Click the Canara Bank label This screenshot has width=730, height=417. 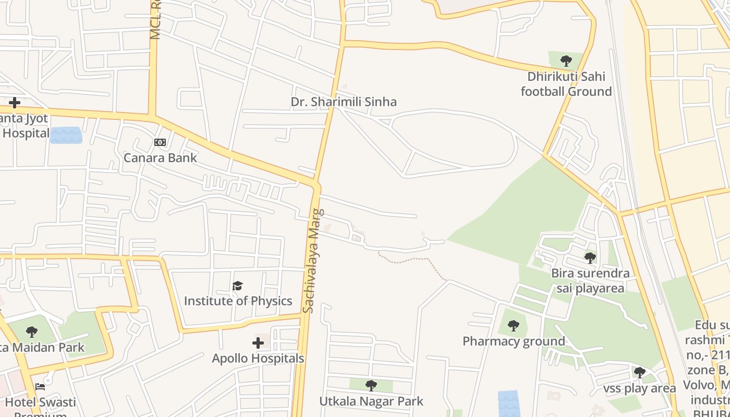pos(160,157)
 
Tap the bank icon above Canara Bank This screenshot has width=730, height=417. pos(160,142)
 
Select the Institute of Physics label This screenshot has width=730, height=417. pos(238,301)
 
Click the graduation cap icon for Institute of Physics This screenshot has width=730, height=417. pos(238,286)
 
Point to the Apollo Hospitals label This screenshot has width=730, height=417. pos(258,359)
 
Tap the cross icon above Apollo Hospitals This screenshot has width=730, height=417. pos(258,343)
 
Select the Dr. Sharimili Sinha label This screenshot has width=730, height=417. pos(344,102)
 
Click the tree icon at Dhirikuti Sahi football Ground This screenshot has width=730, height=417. pos(566,61)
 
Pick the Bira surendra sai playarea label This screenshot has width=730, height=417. pos(590,281)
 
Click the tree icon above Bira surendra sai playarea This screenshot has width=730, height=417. pos(590,258)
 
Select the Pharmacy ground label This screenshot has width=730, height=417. pos(514,341)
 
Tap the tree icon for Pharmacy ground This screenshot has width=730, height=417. pos(514,326)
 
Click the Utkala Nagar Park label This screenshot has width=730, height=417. pos(371,401)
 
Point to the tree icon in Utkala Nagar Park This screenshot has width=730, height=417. pos(371,386)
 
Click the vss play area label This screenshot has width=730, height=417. pos(639,388)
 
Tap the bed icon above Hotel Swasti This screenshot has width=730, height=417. pos(40,387)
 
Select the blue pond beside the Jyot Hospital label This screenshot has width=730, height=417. pos(66,135)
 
